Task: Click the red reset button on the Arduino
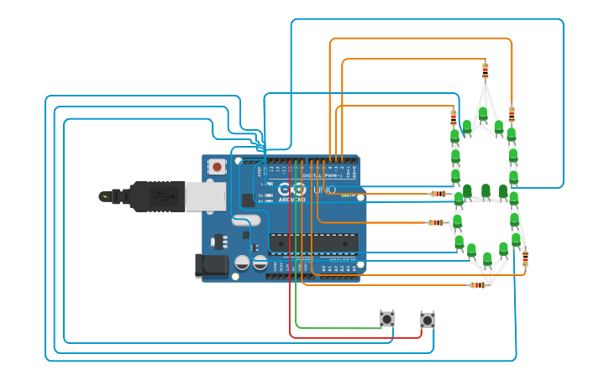click(x=218, y=167)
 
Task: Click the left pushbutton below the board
click(x=386, y=319)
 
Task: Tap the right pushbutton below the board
click(x=428, y=320)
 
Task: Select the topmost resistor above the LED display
click(x=485, y=69)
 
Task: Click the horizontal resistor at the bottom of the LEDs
click(x=478, y=285)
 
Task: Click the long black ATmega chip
click(x=312, y=242)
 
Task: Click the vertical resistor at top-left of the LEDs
click(x=454, y=117)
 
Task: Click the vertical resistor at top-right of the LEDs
click(x=512, y=113)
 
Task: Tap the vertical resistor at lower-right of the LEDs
click(x=525, y=258)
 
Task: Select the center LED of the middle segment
click(x=486, y=190)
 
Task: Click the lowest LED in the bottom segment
click(x=487, y=258)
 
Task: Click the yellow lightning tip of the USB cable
click(x=104, y=197)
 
